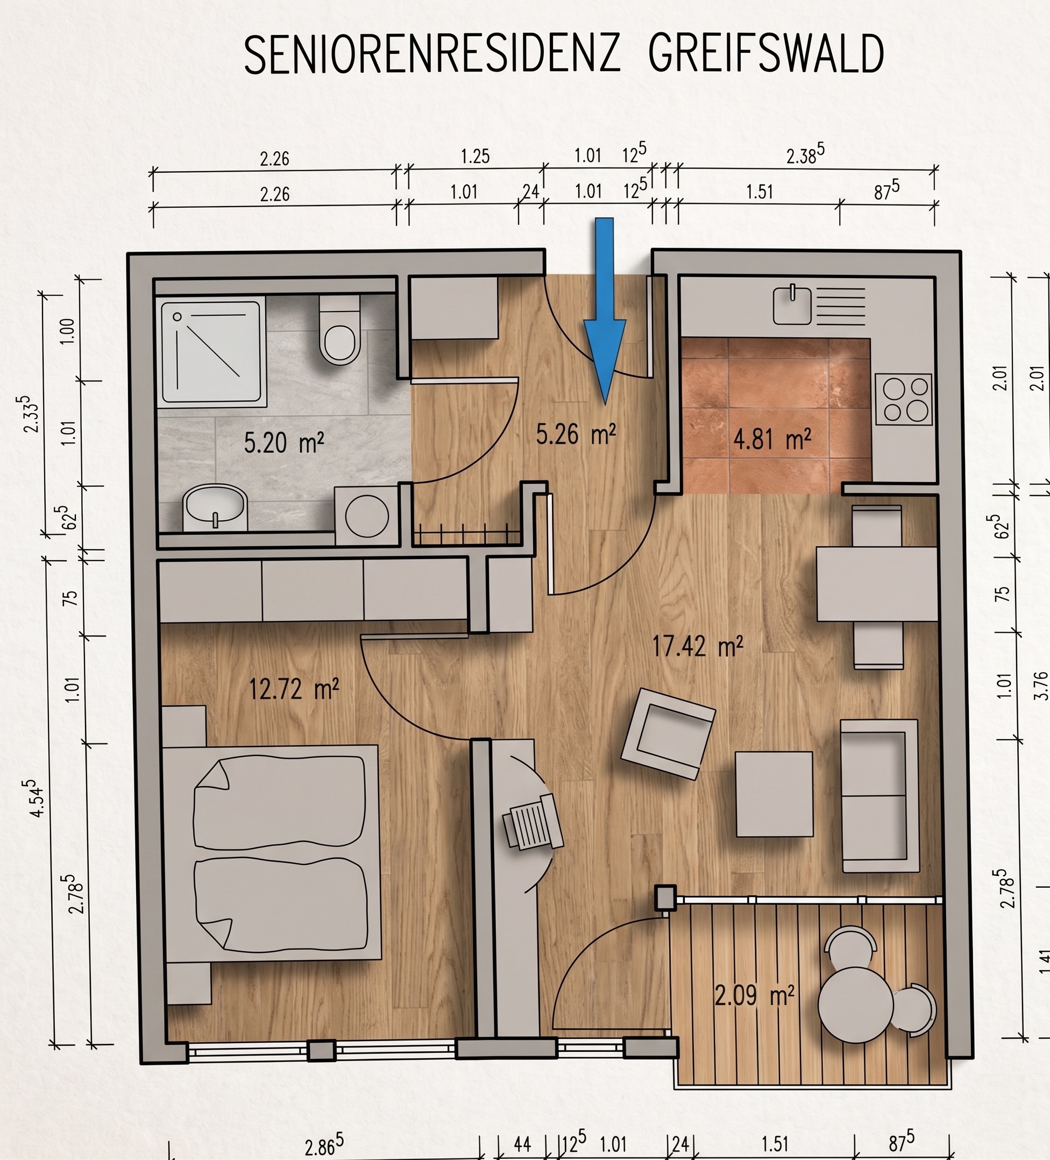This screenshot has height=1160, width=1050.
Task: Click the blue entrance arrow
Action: [604, 311]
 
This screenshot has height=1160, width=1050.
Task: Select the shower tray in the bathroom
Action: [212, 351]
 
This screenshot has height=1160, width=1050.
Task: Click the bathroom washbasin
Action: [215, 507]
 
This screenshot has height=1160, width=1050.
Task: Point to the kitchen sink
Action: [792, 306]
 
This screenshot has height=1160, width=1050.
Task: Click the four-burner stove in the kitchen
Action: [903, 399]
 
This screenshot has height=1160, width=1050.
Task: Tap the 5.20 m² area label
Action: [283, 443]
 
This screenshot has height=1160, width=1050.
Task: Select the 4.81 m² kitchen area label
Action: [772, 440]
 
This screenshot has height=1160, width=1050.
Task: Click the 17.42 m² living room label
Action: [697, 646]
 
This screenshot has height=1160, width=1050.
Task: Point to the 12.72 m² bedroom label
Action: [293, 689]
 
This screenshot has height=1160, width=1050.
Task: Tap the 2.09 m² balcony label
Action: [754, 995]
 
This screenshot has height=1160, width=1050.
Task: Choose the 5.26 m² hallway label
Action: [576, 434]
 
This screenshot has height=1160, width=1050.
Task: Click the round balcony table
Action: [855, 1005]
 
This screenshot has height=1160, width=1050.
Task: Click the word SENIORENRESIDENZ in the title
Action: [431, 54]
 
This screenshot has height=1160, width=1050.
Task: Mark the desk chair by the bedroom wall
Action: [533, 822]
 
